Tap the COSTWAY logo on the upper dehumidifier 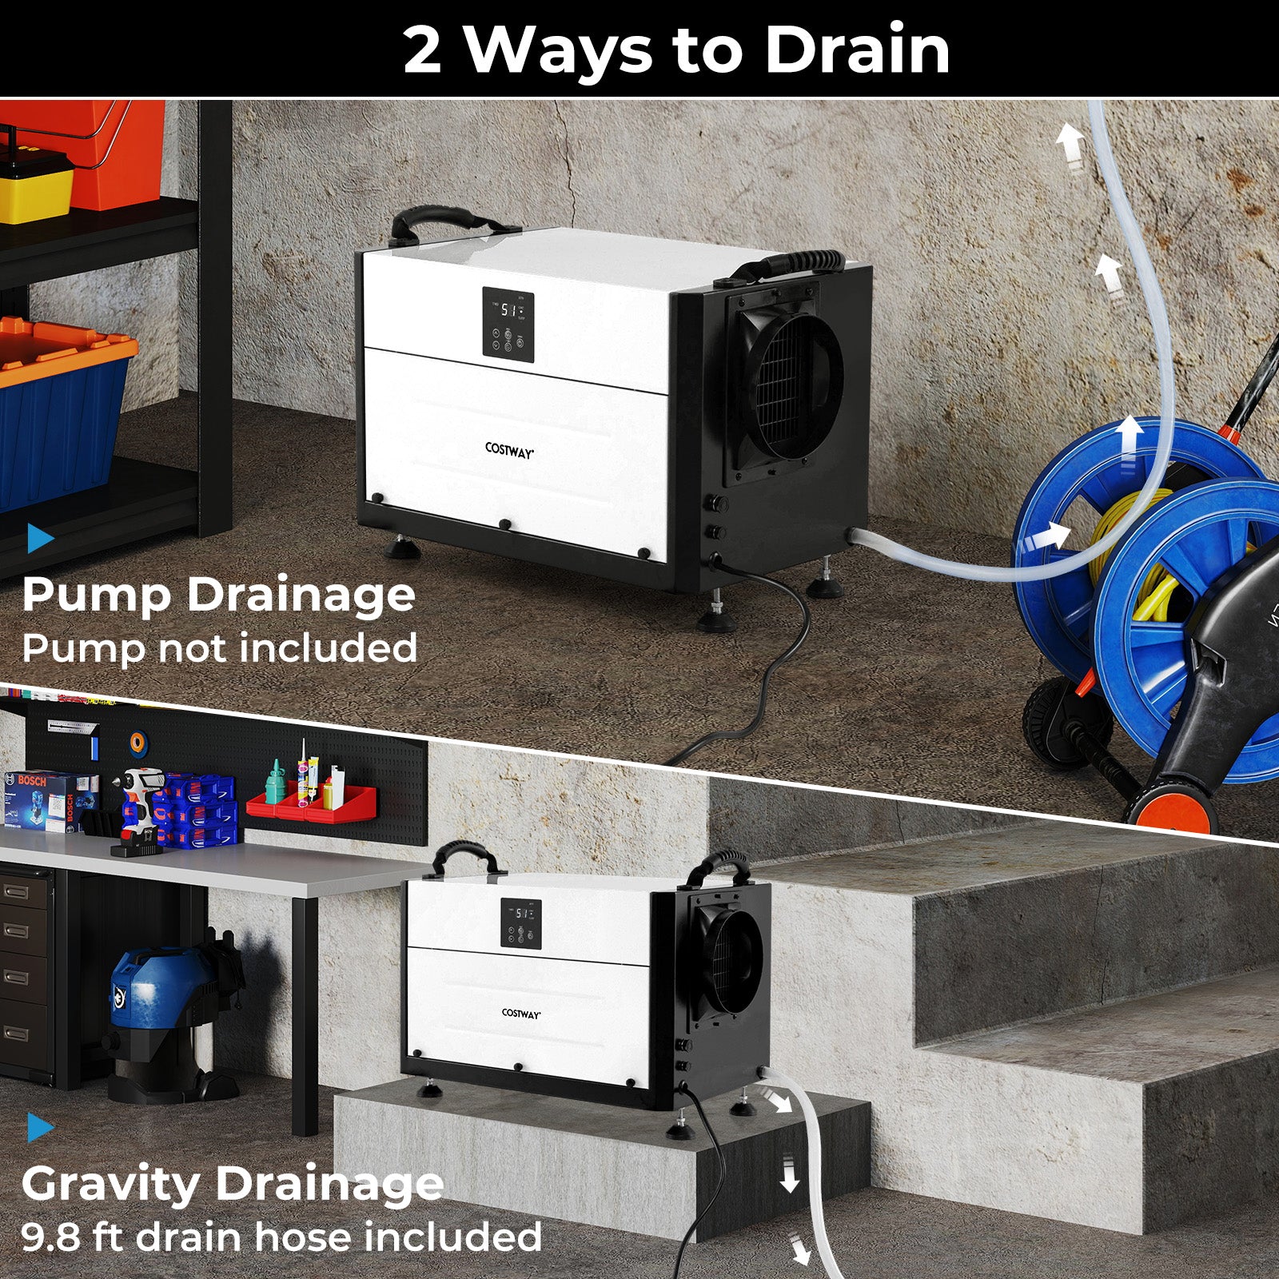click(509, 451)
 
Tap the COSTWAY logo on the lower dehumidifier click(521, 1013)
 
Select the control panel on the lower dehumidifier click(521, 923)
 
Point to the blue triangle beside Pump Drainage click(39, 538)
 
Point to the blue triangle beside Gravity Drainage click(39, 1128)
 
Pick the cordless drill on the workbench click(141, 803)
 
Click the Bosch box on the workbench click(50, 799)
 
